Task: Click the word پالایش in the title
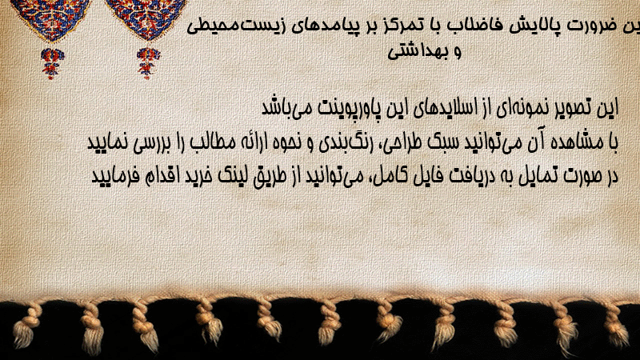coord(533,26)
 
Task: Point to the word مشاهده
coord(580,142)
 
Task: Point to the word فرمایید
coord(110,176)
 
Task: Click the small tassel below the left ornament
coord(51,62)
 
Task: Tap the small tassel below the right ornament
coord(148,62)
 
